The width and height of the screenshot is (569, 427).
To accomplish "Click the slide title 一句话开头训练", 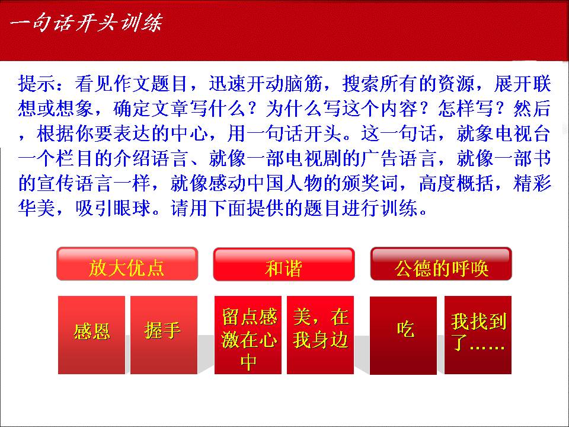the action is pyautogui.click(x=86, y=23).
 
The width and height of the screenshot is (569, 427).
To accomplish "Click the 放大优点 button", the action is pyautogui.click(x=127, y=264).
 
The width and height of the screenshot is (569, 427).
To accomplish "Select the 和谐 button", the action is pyautogui.click(x=284, y=265).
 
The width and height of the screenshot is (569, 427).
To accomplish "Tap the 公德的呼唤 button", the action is pyautogui.click(x=441, y=264).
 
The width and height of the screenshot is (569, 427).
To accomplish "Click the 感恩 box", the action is pyautogui.click(x=91, y=334).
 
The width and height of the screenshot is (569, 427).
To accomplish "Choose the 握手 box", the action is pyautogui.click(x=164, y=334).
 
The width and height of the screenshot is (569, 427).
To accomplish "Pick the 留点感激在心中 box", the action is pyautogui.click(x=248, y=334).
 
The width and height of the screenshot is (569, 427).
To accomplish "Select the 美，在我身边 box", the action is pyautogui.click(x=321, y=334).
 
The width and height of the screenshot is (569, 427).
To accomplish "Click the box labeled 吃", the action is pyautogui.click(x=403, y=335).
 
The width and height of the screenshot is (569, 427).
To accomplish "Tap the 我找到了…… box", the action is pyautogui.click(x=478, y=334).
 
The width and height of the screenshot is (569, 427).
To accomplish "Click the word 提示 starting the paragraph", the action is pyautogui.click(x=37, y=84).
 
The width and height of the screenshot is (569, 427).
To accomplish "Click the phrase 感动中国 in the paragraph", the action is pyautogui.click(x=246, y=183).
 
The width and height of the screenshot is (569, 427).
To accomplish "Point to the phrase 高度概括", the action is pyautogui.click(x=456, y=183).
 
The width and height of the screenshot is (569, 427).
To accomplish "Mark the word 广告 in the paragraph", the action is pyautogui.click(x=379, y=158).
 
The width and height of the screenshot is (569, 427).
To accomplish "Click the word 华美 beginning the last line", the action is pyautogui.click(x=37, y=208).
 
